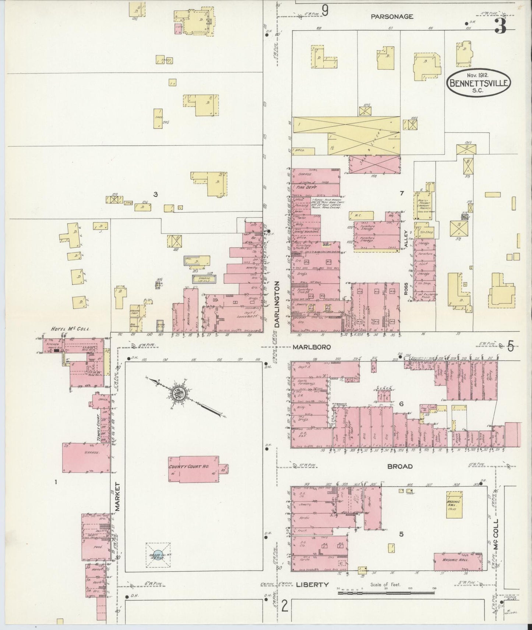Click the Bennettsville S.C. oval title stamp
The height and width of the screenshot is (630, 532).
click(479, 83)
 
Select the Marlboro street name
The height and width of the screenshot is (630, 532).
click(312, 347)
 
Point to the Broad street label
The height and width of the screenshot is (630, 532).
click(399, 466)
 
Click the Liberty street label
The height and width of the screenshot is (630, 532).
click(312, 584)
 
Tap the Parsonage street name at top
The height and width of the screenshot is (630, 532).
click(392, 17)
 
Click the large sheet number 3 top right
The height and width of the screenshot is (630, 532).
click(500, 26)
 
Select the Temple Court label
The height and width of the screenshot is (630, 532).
click(98, 427)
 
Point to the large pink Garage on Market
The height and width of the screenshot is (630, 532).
click(87, 457)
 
